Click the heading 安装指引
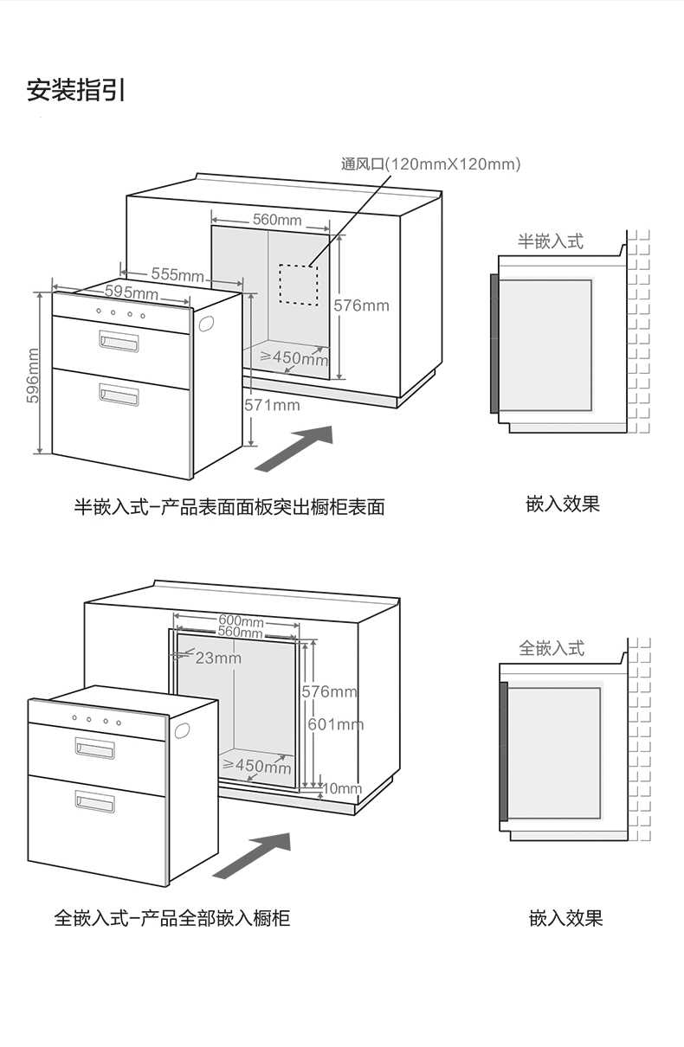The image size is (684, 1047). (76, 90)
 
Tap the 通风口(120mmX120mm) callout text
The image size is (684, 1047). (430, 164)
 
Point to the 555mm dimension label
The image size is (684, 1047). (177, 274)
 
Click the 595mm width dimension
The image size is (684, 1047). (132, 292)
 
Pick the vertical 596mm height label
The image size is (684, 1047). (33, 375)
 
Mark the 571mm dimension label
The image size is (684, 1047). (272, 405)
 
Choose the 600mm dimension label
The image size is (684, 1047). (241, 620)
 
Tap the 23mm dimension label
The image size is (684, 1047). (217, 658)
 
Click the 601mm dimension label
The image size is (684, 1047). (336, 724)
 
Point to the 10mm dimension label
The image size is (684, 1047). (343, 788)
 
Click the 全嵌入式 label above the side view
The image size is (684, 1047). (552, 648)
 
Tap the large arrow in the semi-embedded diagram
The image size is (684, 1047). (294, 448)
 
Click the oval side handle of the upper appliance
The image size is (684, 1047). (206, 323)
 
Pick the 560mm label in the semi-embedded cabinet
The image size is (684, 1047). (277, 220)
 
